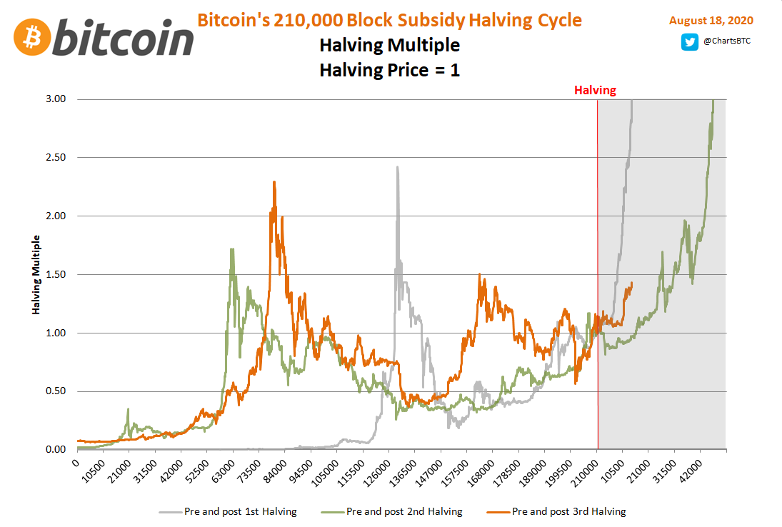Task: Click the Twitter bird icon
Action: (x=689, y=42)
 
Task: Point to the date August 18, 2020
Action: (x=711, y=20)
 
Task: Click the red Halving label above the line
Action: (x=595, y=91)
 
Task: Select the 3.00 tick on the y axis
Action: (x=55, y=99)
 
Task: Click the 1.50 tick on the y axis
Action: (x=55, y=274)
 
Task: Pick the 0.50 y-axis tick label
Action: (x=55, y=391)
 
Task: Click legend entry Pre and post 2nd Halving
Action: (x=404, y=511)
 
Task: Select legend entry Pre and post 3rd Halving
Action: (x=569, y=511)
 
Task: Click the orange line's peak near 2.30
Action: (x=274, y=183)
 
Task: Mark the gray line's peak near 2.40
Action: (x=397, y=168)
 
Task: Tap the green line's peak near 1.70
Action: (x=232, y=249)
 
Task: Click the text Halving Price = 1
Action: (x=389, y=71)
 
